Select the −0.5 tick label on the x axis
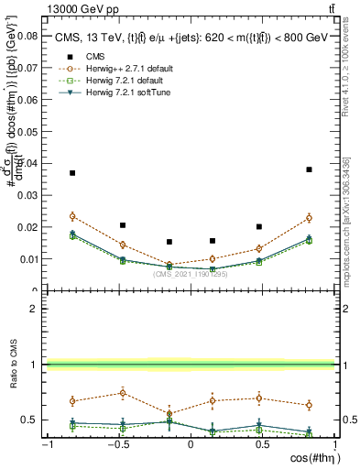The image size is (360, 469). [x=116, y=443]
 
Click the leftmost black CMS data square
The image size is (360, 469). [x=72, y=173]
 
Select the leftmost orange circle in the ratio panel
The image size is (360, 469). [x=72, y=401]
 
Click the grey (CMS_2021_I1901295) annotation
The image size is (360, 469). [x=191, y=273]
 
